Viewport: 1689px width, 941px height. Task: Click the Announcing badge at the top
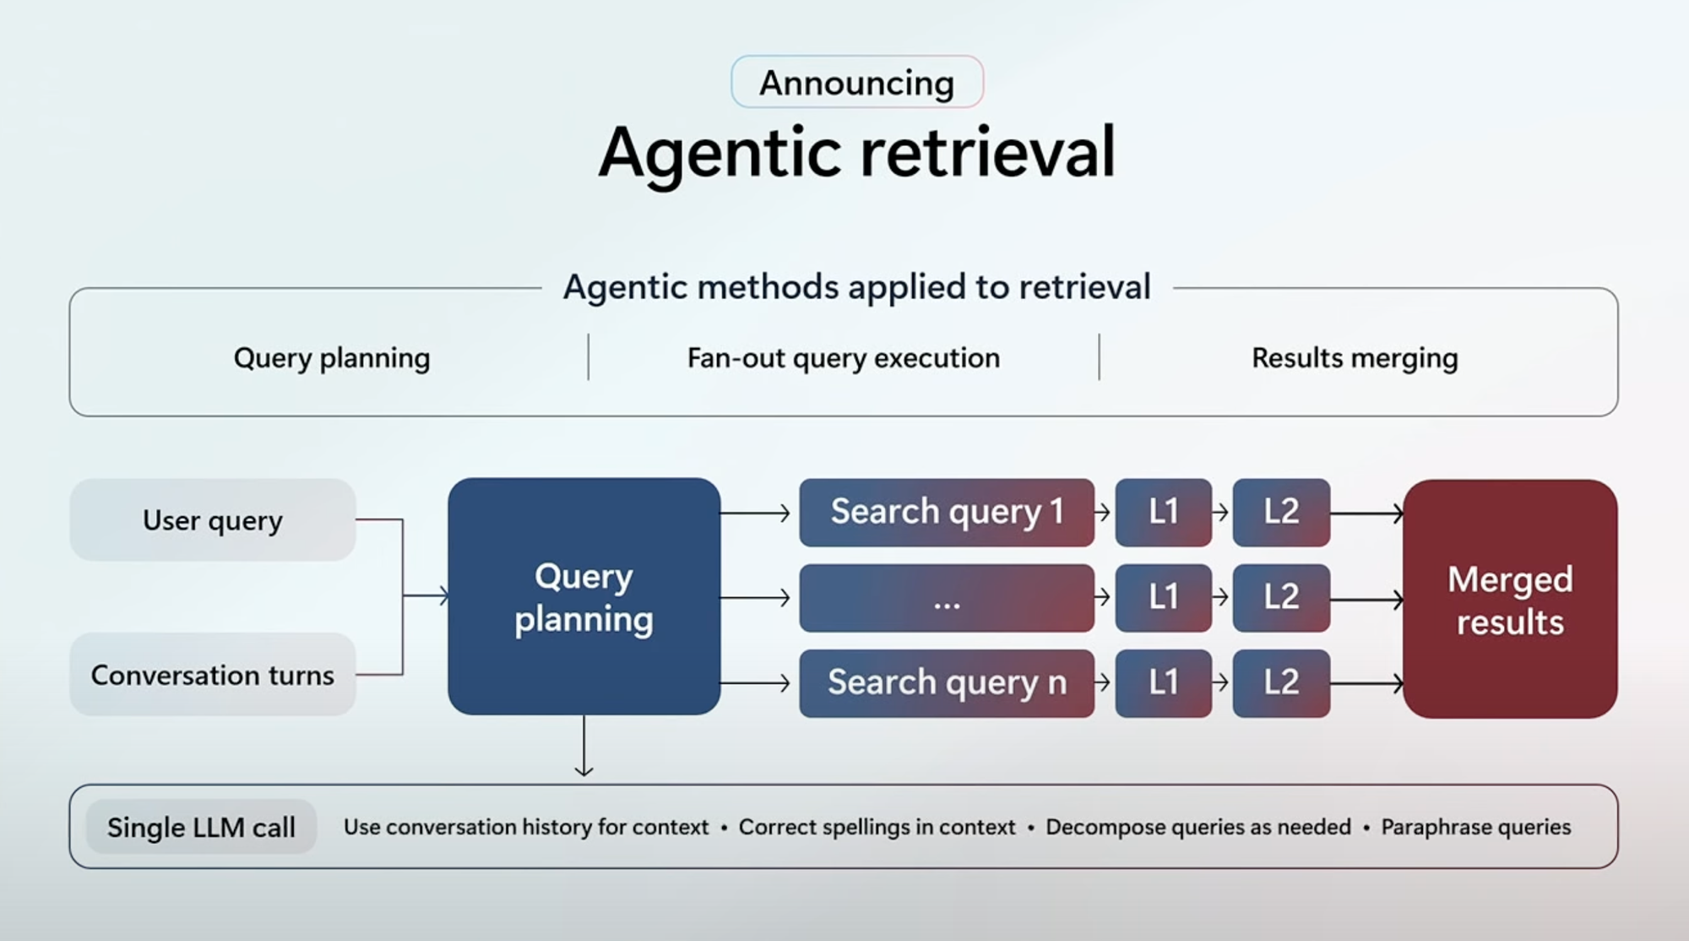(857, 82)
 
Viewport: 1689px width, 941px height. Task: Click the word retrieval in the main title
(988, 152)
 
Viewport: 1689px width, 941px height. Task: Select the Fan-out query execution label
(844, 358)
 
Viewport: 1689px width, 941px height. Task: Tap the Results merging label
(1355, 358)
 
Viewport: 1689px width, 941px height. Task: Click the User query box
(213, 520)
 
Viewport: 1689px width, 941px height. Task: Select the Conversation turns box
(213, 675)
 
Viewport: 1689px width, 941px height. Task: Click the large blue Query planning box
(584, 596)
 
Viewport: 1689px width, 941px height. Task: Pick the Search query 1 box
(947, 512)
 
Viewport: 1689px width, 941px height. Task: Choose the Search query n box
(947, 683)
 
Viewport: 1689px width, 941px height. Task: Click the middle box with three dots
(947, 598)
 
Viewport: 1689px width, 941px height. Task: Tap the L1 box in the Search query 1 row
(1164, 512)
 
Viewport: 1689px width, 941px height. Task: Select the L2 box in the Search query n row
(1281, 683)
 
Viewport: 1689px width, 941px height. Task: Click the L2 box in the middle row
(1281, 598)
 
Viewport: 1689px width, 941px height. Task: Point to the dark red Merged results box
(1510, 599)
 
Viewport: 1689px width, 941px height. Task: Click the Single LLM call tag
(201, 827)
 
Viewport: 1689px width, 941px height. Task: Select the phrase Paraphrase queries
(1476, 827)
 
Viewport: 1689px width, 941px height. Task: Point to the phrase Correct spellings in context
(877, 827)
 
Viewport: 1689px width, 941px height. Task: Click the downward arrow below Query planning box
(584, 746)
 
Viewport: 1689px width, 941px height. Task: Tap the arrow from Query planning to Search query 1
(755, 513)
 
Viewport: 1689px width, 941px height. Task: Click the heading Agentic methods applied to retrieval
(857, 287)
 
